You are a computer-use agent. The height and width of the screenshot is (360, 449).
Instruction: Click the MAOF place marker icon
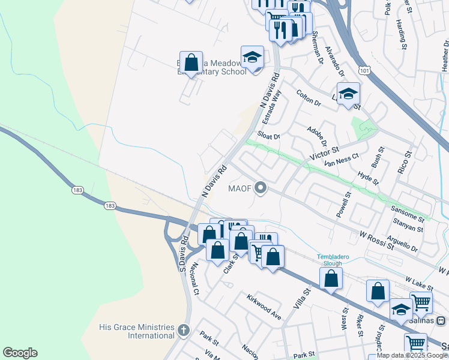pos(261,189)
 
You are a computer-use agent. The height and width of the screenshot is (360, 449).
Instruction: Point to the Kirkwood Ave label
pos(264,306)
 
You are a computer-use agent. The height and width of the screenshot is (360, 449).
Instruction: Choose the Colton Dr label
pos(309,98)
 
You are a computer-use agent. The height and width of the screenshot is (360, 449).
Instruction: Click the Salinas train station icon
pos(441,320)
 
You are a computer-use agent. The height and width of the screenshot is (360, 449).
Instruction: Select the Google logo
pos(20,353)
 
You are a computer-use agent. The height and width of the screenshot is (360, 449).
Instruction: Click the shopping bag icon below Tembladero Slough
pos(331,278)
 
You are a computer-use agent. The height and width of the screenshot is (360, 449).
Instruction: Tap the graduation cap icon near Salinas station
pos(400,309)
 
